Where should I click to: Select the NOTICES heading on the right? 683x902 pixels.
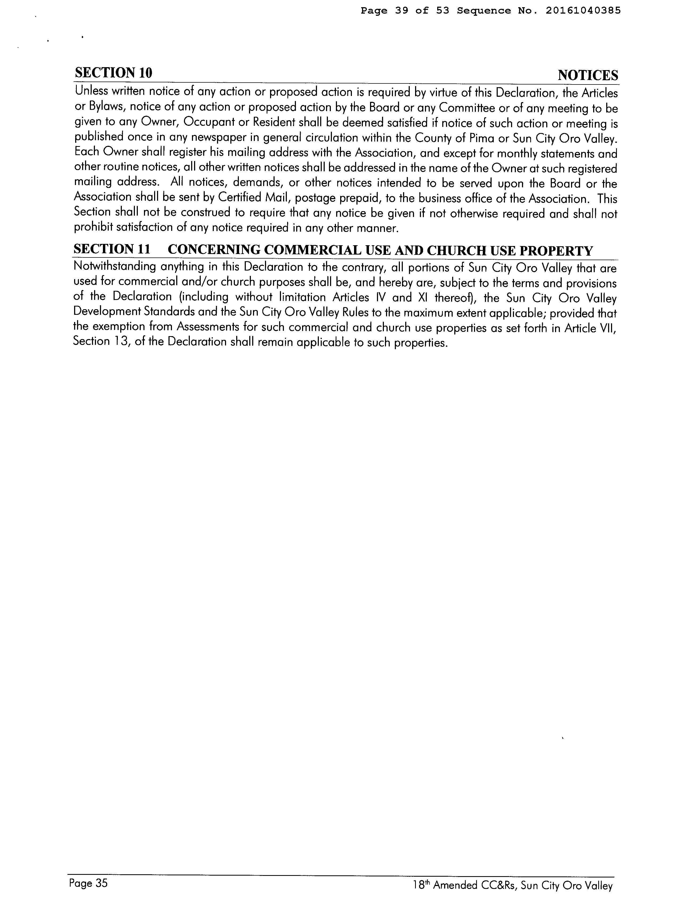tap(588, 75)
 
